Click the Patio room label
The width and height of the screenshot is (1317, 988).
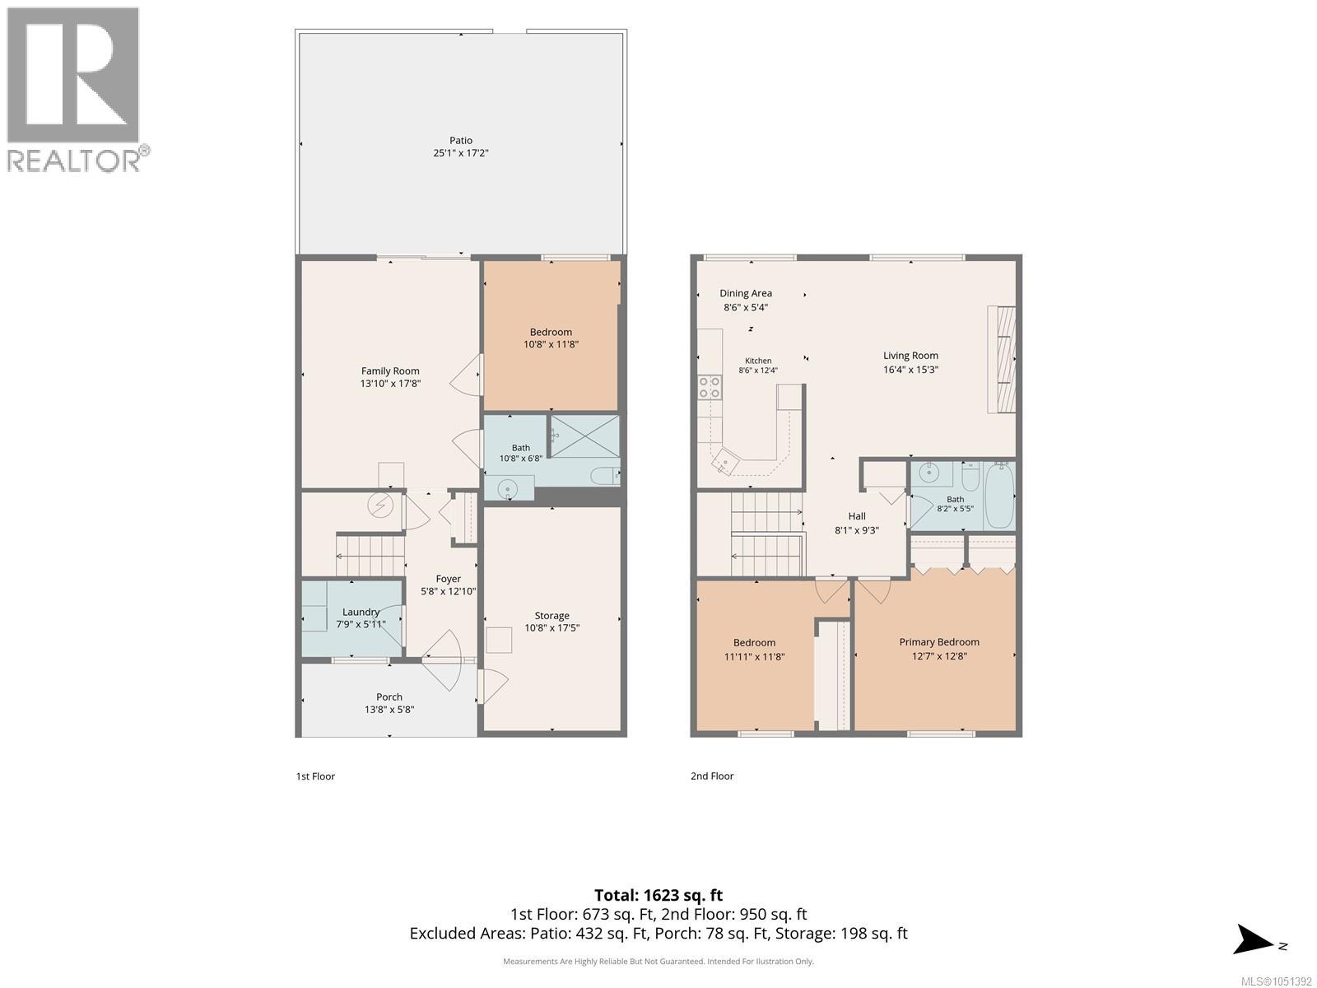(460, 140)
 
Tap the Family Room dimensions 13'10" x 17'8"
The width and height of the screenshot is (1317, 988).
(390, 384)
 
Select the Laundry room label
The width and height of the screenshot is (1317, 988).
(361, 612)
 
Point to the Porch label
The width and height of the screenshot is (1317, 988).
(389, 697)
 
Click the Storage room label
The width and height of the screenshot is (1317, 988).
(551, 616)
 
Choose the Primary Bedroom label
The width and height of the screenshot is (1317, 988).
(939, 642)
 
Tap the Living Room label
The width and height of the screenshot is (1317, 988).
(910, 356)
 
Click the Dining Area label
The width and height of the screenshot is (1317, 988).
(745, 293)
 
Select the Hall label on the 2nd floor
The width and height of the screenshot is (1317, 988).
(856, 516)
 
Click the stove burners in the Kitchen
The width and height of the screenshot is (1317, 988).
(710, 388)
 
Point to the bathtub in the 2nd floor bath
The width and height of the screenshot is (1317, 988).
(999, 496)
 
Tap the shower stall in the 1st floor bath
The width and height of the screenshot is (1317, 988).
(584, 436)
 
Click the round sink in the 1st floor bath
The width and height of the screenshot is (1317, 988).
(508, 489)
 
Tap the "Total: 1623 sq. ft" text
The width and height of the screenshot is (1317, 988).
(658, 895)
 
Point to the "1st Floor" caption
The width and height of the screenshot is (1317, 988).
(315, 776)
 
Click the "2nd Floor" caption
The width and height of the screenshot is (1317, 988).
(712, 776)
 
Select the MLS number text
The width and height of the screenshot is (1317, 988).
(1276, 981)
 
